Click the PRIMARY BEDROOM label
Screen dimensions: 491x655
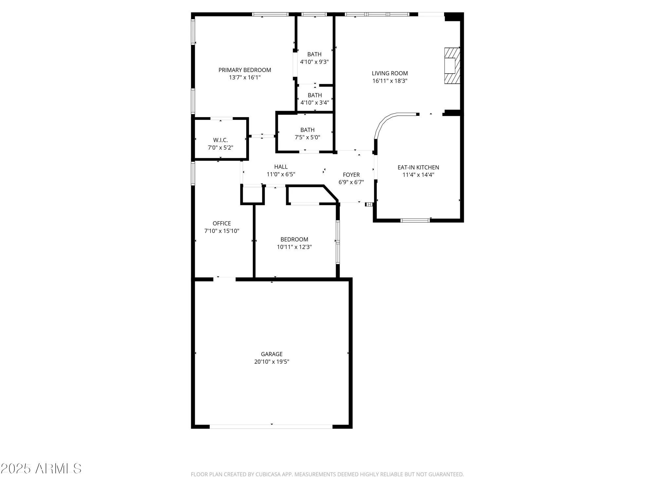click(245, 70)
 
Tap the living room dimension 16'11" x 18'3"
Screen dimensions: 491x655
click(390, 81)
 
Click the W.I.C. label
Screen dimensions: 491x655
click(220, 140)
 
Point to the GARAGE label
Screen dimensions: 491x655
click(271, 354)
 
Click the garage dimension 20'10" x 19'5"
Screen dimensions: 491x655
click(271, 362)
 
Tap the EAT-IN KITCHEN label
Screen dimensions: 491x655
click(418, 167)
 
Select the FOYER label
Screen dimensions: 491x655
click(351, 175)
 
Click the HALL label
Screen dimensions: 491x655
click(281, 167)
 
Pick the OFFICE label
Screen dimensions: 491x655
click(222, 223)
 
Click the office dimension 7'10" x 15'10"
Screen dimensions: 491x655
click(222, 231)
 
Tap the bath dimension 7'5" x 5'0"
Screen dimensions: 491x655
click(307, 137)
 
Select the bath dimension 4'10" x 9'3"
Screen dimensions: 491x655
click(314, 62)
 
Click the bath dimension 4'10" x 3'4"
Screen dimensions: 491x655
click(314, 102)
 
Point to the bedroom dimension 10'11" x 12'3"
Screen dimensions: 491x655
click(294, 247)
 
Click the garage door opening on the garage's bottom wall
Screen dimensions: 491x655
click(271, 427)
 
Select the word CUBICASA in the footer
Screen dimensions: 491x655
click(270, 474)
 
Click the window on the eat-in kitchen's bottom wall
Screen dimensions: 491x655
click(415, 220)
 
